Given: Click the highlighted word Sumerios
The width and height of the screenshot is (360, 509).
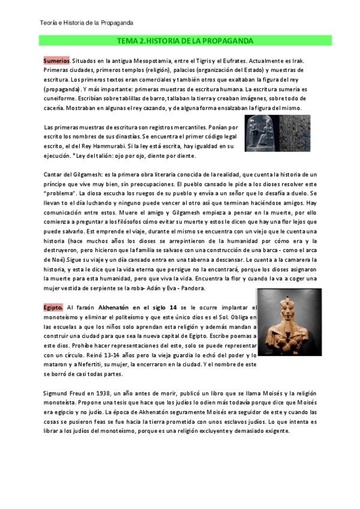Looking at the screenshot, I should point(56,61).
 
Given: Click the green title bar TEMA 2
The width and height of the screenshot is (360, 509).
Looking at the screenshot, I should point(185,40).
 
